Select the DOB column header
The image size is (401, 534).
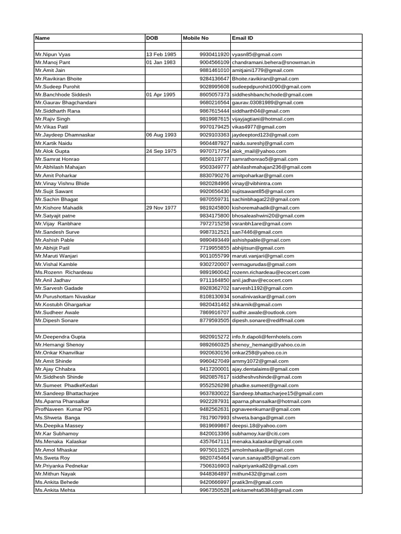tap(152, 38)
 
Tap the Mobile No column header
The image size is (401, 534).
tap(196, 38)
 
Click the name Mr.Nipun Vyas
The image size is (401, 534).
tap(52, 54)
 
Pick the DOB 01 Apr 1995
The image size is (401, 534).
tap(161, 94)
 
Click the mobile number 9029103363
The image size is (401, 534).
tap(215, 135)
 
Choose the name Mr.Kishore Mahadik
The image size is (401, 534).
tap(58, 208)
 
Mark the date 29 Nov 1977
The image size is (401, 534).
tap(161, 208)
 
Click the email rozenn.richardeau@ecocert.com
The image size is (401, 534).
tap(270, 272)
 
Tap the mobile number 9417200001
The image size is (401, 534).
tap(215, 369)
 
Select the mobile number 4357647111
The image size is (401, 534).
tap(215, 441)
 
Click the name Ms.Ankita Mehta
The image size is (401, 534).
tap(55, 490)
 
